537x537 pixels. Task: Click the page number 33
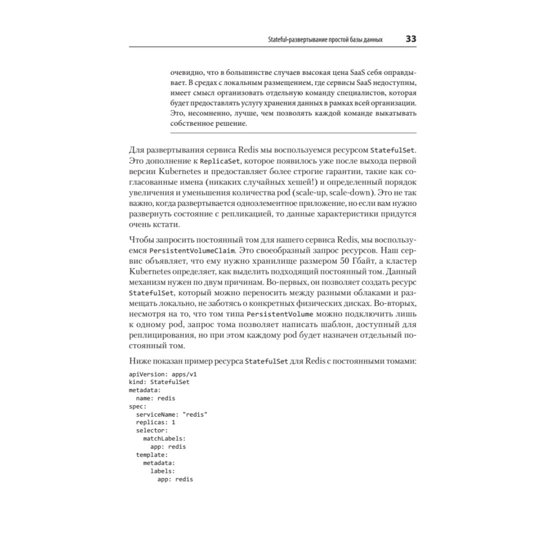[x=411, y=39]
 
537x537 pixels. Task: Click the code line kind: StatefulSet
[x=159, y=382]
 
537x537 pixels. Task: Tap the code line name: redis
[x=156, y=398]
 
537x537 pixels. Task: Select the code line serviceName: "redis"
[x=172, y=414]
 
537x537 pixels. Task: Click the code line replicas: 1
[x=156, y=422]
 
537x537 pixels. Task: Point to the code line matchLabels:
[x=164, y=438]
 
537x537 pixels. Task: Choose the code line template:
[x=152, y=454]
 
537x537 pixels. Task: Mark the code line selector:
[x=152, y=430]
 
